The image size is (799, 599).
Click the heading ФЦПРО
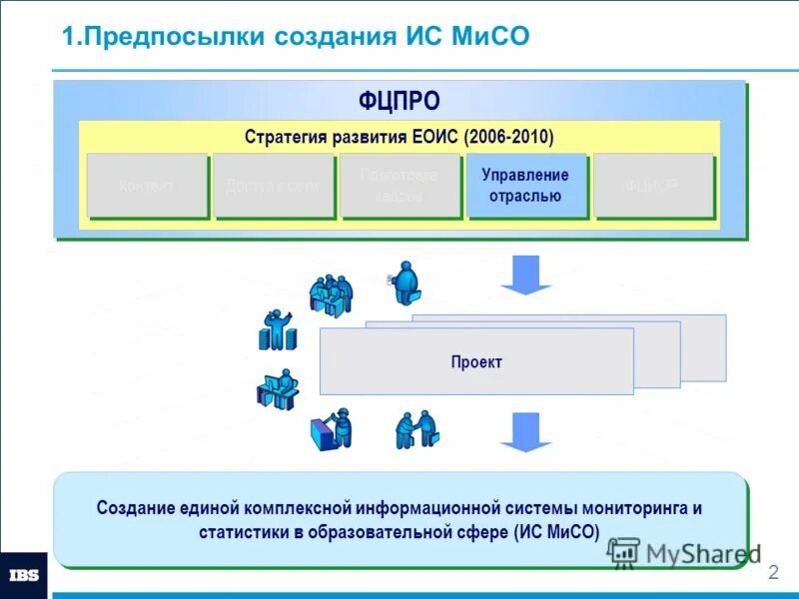coord(399,101)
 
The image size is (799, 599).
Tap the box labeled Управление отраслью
coord(525,186)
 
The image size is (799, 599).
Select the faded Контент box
coord(147,186)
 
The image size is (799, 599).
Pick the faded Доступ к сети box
coord(273,186)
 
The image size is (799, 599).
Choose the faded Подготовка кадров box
coord(399,186)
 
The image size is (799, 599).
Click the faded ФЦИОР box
coord(653,186)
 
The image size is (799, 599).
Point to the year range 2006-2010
coord(508,136)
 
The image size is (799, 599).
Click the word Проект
coord(475,362)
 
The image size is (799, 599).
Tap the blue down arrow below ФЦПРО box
coord(525,274)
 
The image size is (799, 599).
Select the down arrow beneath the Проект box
coord(525,431)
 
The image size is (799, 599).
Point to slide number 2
coord(772,573)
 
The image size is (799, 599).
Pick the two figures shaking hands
coord(416,429)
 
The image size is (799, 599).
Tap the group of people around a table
coord(331,294)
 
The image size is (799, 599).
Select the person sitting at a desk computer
coord(280,389)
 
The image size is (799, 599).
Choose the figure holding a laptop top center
coord(404,283)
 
